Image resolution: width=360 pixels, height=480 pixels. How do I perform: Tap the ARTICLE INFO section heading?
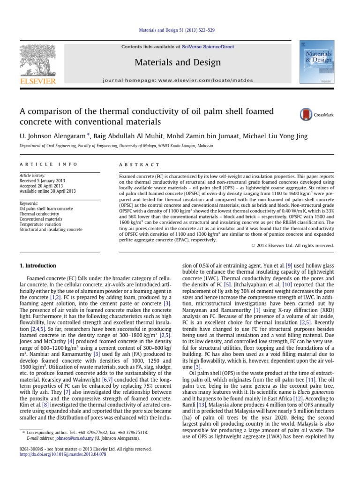tap(40, 165)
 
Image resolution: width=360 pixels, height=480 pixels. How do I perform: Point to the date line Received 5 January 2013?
tap(42, 180)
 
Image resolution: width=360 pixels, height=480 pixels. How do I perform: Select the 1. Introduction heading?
tap(37, 265)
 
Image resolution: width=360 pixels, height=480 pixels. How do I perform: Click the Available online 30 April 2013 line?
tap(45, 191)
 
